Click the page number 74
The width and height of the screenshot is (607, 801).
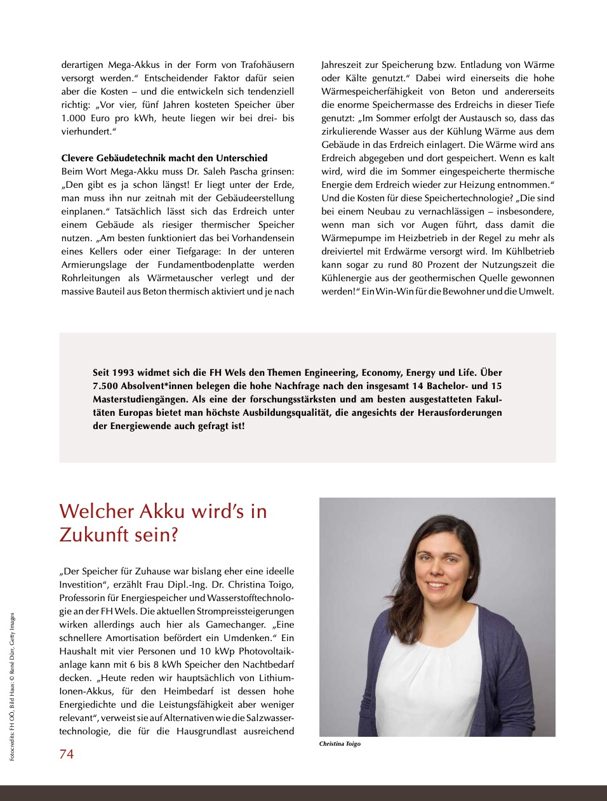coord(67,753)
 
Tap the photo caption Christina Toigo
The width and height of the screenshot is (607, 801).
coord(340,744)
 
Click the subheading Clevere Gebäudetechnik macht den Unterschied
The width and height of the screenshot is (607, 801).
coord(164,158)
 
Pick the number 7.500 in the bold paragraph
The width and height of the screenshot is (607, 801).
coord(105,386)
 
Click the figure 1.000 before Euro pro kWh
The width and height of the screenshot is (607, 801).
coord(74,118)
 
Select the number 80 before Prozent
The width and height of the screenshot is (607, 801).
coord(417,265)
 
